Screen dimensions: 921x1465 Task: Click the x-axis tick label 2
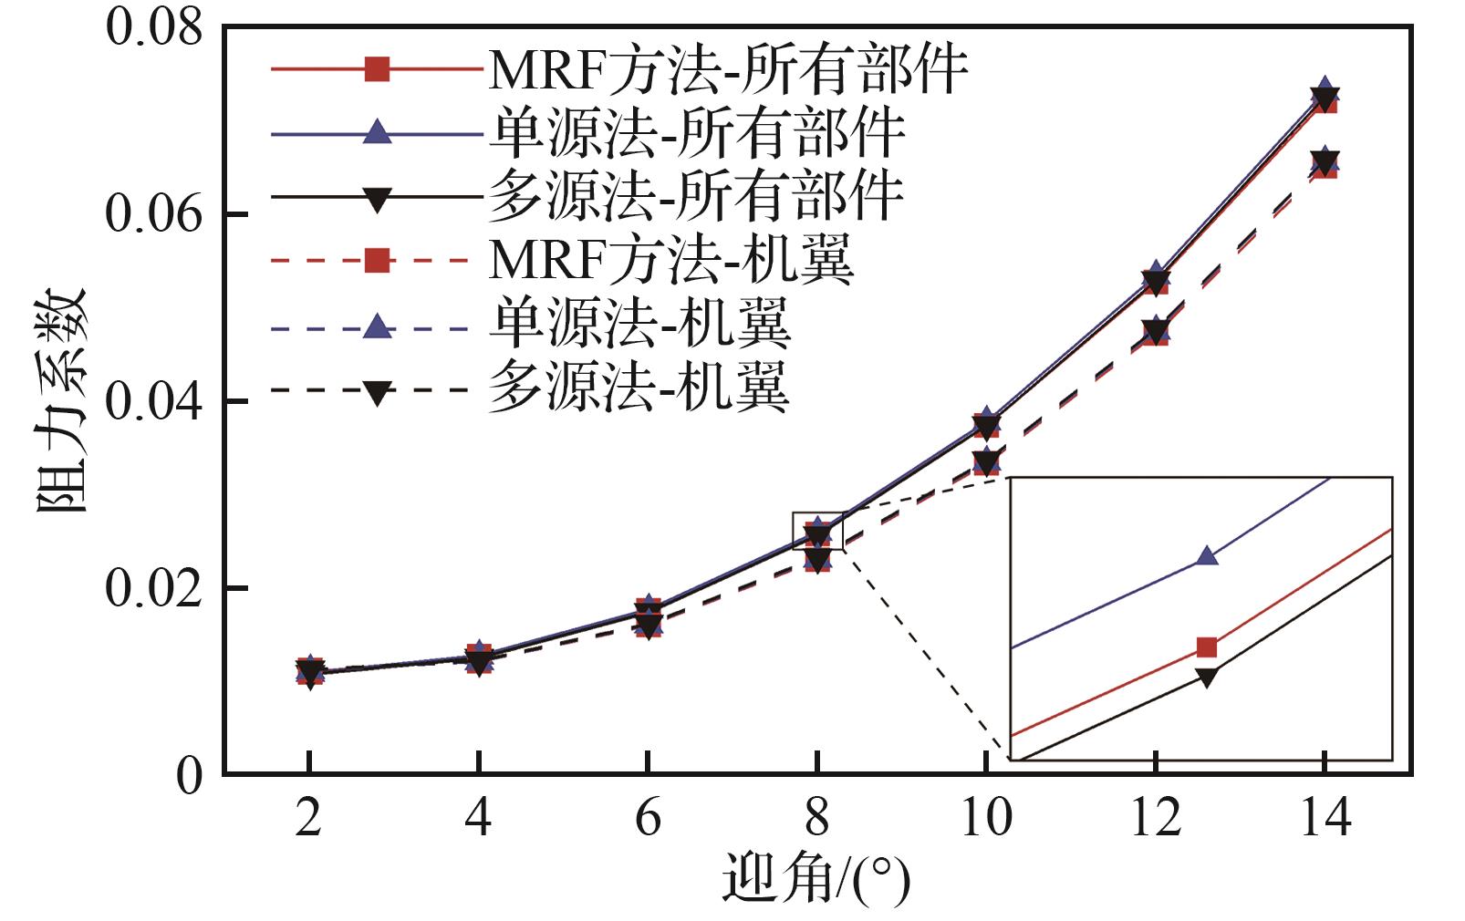point(309,818)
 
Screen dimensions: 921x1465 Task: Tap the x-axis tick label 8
point(816,818)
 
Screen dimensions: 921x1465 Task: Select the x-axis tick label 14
point(1324,818)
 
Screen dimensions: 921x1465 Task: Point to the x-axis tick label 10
point(985,818)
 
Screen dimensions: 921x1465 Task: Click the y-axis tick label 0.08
point(153,27)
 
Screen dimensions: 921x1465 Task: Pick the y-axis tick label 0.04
point(153,401)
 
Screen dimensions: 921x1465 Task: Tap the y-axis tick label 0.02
point(153,588)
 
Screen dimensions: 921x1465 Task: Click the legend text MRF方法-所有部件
point(728,69)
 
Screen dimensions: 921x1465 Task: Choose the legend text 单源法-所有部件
point(697,134)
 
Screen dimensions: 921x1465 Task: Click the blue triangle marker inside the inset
point(1207,555)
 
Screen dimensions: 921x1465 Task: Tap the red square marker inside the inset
point(1207,647)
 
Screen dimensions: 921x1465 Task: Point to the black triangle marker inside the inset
point(1207,678)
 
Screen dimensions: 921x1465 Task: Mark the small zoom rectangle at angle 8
point(818,532)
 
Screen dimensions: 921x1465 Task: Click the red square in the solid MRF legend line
point(377,69)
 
